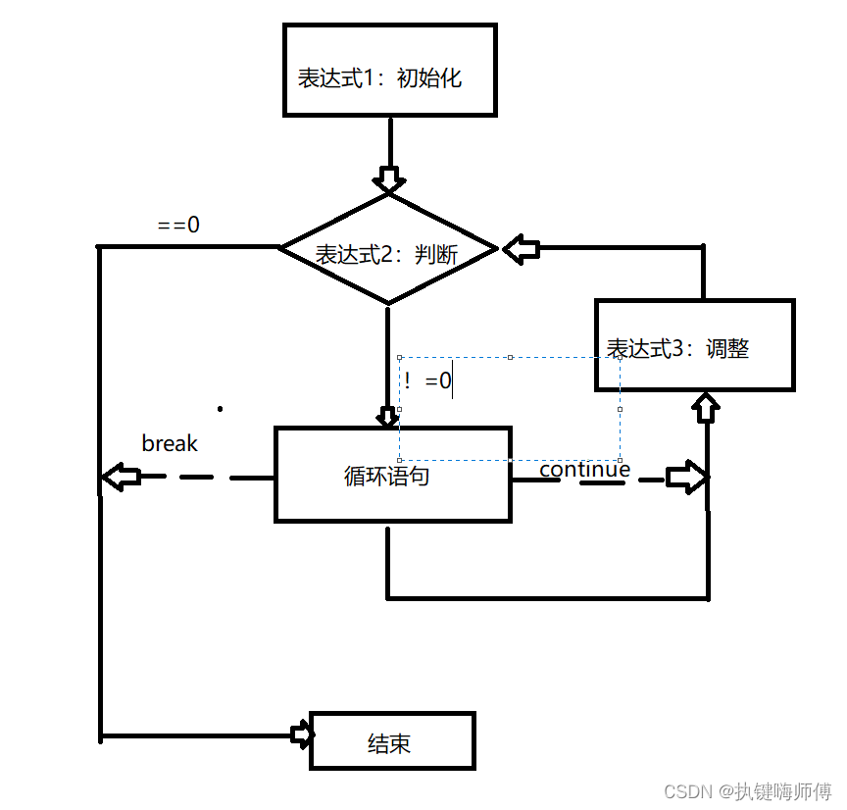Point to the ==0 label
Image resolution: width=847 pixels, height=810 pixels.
point(178,225)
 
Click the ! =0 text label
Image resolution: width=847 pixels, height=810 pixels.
point(427,380)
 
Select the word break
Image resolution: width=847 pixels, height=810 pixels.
point(170,443)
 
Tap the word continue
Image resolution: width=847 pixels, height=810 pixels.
point(585,469)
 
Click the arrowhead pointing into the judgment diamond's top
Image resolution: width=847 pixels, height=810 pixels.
point(389,179)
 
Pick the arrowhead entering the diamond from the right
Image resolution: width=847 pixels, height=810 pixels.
point(522,249)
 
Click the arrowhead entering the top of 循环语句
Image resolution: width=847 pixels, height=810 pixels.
point(388,417)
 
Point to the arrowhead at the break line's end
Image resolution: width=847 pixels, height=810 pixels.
point(121,478)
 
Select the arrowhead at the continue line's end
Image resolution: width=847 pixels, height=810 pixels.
point(686,478)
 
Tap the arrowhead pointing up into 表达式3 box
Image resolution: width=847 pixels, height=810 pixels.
point(706,407)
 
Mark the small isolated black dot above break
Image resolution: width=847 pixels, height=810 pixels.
point(220,409)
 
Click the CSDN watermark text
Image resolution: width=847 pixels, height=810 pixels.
point(748,791)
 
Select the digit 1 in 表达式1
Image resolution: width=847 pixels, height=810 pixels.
point(369,78)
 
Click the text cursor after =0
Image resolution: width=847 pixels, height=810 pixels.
point(452,379)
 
